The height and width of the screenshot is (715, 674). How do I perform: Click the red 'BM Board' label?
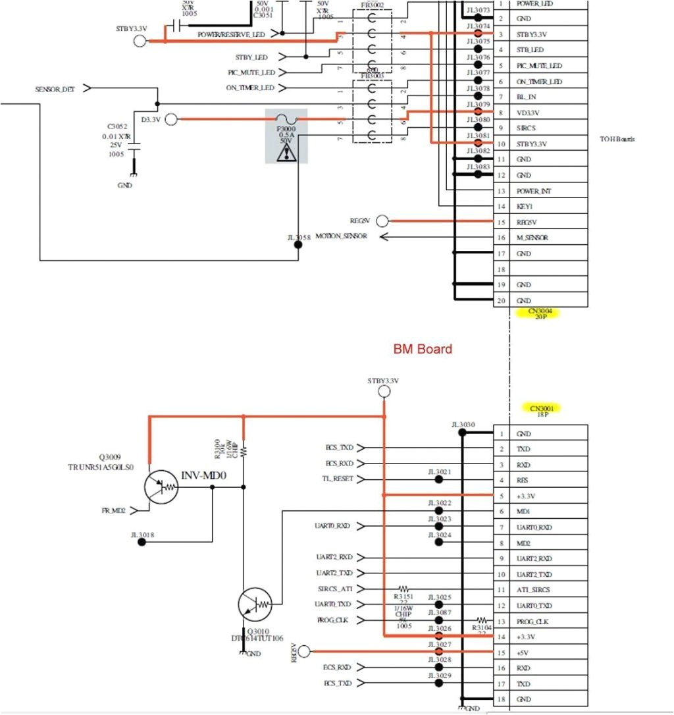click(x=423, y=349)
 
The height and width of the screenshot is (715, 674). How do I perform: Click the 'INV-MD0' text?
click(x=203, y=474)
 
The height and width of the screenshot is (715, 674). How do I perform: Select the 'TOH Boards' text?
click(x=617, y=139)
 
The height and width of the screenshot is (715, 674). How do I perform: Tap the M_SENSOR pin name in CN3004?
click(x=532, y=238)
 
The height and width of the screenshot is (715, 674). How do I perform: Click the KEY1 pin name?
click(x=525, y=206)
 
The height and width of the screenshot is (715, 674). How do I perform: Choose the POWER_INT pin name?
click(x=533, y=191)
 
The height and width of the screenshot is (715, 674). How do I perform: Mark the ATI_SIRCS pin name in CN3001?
click(x=533, y=590)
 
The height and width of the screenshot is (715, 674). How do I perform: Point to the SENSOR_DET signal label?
click(x=55, y=88)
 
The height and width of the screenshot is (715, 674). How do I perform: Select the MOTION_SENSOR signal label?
click(x=341, y=236)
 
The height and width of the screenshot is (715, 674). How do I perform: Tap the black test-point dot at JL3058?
click(x=298, y=244)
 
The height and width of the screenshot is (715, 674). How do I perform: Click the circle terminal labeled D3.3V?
click(x=171, y=119)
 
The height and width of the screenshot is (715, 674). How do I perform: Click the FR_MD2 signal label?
click(x=114, y=510)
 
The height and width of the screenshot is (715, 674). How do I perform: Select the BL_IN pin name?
click(x=527, y=97)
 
